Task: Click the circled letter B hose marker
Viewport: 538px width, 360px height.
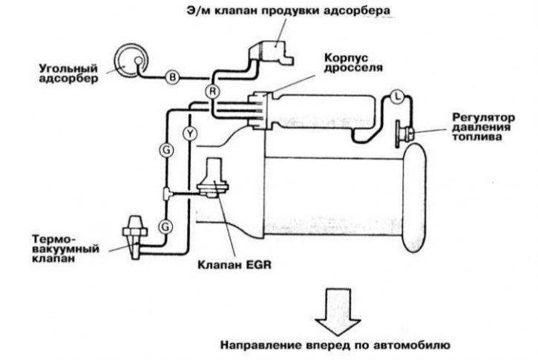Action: coord(173,77)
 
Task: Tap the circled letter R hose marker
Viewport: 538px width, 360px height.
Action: coord(213,91)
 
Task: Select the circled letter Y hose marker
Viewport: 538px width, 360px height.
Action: coord(190,134)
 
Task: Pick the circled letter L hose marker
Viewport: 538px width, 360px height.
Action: coord(397,97)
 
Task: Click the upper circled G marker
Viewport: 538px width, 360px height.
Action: coord(166,150)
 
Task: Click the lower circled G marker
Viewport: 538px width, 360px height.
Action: coord(165,226)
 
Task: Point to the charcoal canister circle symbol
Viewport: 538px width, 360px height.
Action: coord(130,61)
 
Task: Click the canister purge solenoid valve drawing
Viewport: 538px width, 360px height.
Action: coord(271,53)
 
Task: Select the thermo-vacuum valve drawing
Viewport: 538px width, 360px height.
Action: coord(135,237)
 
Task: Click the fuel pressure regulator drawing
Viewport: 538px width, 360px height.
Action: coord(405,134)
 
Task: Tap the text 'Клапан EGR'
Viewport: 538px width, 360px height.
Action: coord(234,265)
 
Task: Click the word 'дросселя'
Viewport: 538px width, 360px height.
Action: coord(353,68)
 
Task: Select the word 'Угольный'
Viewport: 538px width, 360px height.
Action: coord(68,68)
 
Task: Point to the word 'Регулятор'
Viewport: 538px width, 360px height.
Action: coord(483,118)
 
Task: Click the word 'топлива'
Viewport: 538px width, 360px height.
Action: coord(473,137)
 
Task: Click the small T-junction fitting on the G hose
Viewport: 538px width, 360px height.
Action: coord(166,194)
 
